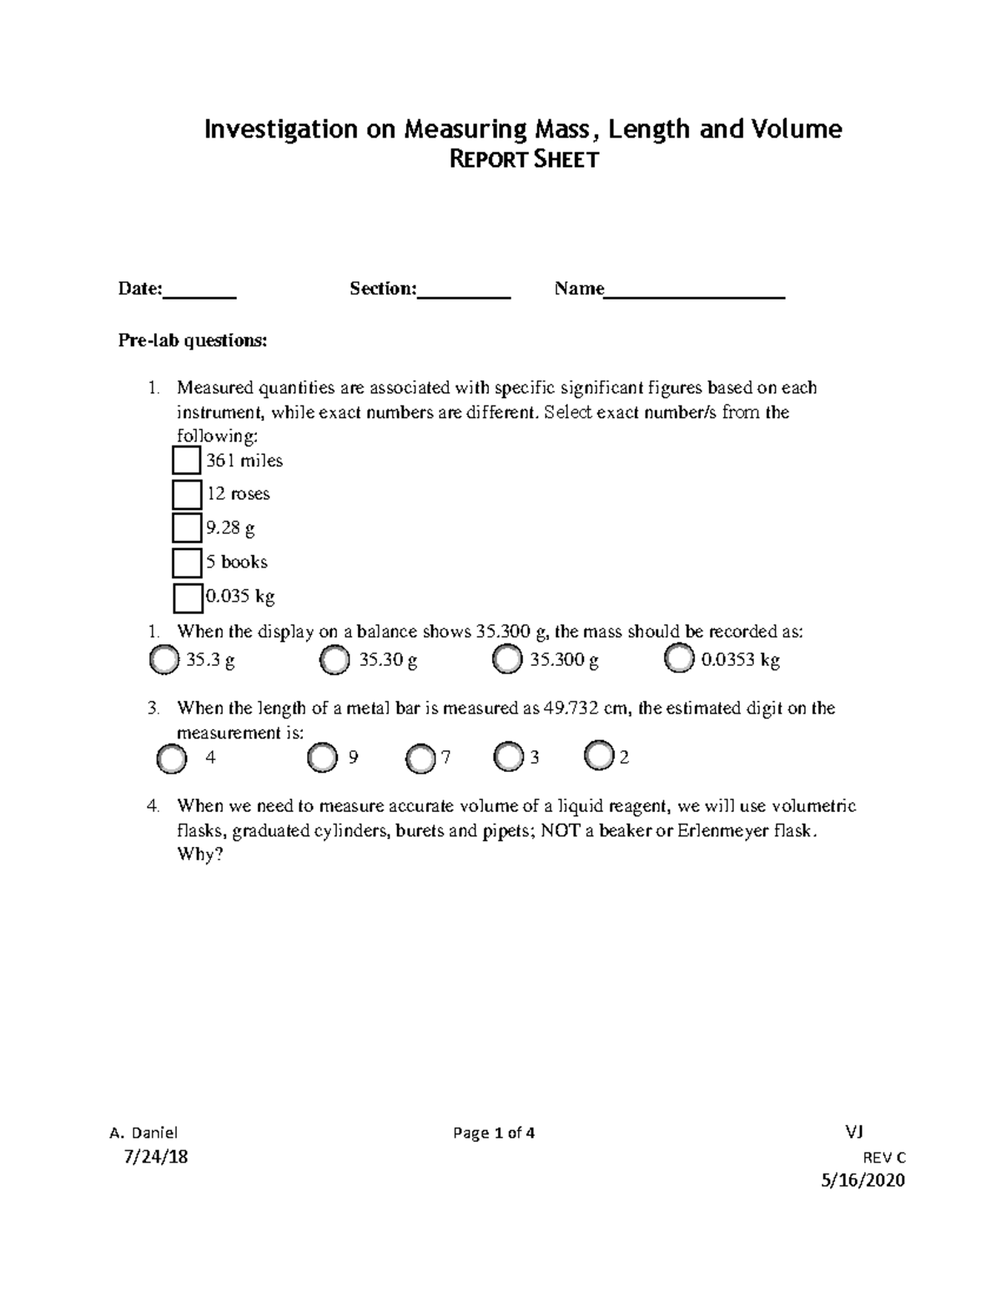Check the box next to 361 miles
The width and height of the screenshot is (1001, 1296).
(187, 461)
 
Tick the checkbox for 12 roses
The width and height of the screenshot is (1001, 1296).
(187, 494)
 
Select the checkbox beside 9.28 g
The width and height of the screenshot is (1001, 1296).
(187, 528)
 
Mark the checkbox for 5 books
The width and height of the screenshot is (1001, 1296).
(187, 562)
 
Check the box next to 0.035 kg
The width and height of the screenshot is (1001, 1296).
(188, 598)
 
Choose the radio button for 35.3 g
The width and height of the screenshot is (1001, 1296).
(163, 660)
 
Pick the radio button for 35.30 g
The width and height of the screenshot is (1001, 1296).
(335, 660)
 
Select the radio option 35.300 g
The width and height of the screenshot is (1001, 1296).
(506, 660)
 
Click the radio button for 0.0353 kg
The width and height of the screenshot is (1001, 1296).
(679, 660)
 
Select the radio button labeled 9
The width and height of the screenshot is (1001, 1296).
(322, 758)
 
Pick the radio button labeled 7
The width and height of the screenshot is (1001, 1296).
(421, 758)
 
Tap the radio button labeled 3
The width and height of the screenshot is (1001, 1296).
(508, 757)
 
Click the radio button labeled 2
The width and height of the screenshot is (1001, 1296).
(599, 755)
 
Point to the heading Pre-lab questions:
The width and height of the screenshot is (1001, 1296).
(193, 340)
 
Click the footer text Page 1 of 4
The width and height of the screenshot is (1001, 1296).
(494, 1132)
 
